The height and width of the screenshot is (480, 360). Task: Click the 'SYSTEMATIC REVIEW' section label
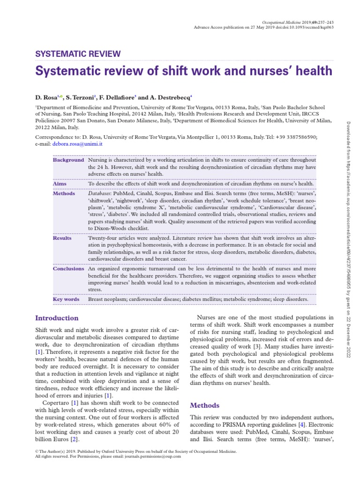point(78,54)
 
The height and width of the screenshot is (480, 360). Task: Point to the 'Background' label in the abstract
point(68,160)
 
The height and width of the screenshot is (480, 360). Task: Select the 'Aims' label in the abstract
point(60,184)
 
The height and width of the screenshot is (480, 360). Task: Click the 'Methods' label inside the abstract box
point(64,193)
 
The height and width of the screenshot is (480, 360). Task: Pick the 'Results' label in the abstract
point(62,238)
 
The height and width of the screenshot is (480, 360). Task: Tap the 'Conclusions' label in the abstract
point(68,269)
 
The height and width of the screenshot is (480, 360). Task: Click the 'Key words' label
point(66,299)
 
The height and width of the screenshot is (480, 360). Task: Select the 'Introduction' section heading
point(57,318)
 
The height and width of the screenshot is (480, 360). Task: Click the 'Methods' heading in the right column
point(204,405)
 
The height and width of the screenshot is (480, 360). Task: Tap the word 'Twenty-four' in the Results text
point(102,238)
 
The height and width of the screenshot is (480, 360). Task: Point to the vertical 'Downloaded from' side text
point(349,141)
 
